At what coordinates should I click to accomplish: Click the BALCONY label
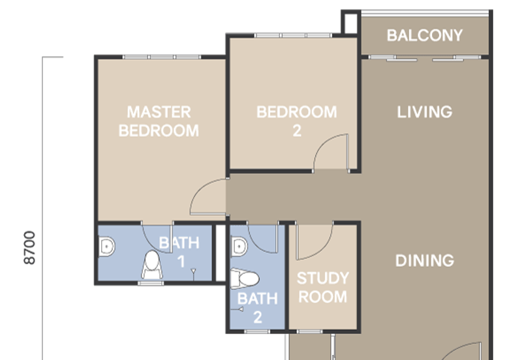[x=425, y=35]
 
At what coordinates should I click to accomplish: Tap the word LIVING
[x=425, y=112]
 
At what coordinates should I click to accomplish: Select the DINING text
[x=425, y=261]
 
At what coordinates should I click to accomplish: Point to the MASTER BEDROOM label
[x=159, y=121]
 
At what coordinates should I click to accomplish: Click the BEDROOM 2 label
[x=297, y=121]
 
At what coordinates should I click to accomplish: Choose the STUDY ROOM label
[x=322, y=288]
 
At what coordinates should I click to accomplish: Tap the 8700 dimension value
[x=29, y=248]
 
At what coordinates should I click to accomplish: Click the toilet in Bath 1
[x=151, y=264]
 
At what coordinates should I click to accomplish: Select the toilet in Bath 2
[x=245, y=279]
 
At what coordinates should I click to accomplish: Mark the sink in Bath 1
[x=106, y=246]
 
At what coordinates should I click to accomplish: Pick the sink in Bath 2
[x=239, y=247]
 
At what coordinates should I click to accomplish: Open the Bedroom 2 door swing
[x=331, y=153]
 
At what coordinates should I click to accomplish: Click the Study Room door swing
[x=315, y=240]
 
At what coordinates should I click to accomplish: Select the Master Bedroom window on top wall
[x=161, y=57]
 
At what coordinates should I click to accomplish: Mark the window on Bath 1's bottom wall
[x=151, y=283]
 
